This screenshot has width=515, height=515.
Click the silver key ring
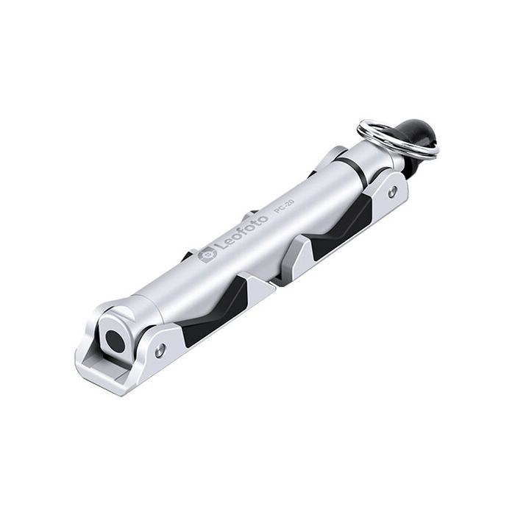click(x=397, y=138)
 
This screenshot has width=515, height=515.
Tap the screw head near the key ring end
click(x=393, y=191)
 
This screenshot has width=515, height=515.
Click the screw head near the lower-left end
click(x=160, y=351)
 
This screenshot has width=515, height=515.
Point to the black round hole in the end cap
click(x=113, y=339)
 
